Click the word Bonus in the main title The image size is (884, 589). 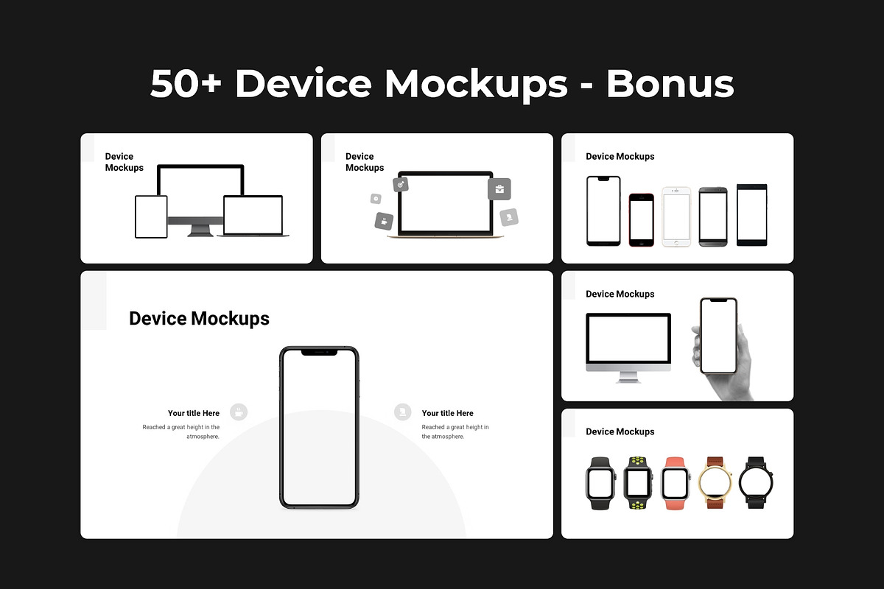pyautogui.click(x=670, y=83)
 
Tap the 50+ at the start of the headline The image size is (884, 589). pyautogui.click(x=186, y=83)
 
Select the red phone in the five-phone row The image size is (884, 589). pyautogui.click(x=642, y=219)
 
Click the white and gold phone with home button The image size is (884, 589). pyautogui.click(x=676, y=216)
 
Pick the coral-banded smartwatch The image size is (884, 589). pyautogui.click(x=675, y=483)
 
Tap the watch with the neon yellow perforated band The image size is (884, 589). pyautogui.click(x=638, y=483)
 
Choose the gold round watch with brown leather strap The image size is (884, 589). pyautogui.click(x=715, y=482)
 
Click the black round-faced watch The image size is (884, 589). pyautogui.click(x=756, y=482)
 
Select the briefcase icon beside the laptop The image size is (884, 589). pyautogui.click(x=499, y=189)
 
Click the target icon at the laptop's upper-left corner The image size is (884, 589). pyautogui.click(x=401, y=184)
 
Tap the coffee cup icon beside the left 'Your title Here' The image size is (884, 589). pyautogui.click(x=239, y=412)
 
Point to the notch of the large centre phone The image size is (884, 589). pyautogui.click(x=319, y=352)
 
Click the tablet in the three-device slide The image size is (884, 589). pyautogui.click(x=151, y=216)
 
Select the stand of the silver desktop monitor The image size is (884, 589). pyautogui.click(x=628, y=377)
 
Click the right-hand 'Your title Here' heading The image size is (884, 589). pyautogui.click(x=448, y=413)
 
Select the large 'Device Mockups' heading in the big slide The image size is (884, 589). pyautogui.click(x=200, y=318)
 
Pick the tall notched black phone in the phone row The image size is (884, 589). pyautogui.click(x=603, y=211)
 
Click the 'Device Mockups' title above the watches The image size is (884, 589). pyautogui.click(x=620, y=431)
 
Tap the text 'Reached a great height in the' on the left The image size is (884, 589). pyautogui.click(x=181, y=427)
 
